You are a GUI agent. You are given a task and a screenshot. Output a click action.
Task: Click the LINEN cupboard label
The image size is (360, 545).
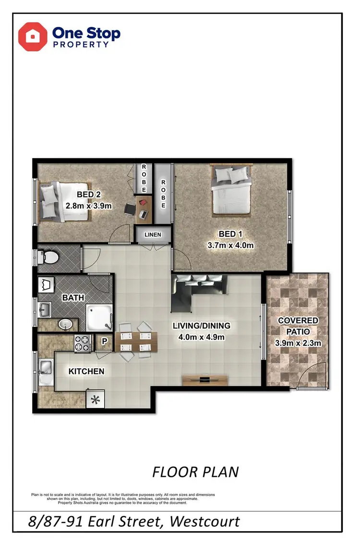153,235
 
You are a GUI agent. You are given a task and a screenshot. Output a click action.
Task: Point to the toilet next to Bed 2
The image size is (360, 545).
48,257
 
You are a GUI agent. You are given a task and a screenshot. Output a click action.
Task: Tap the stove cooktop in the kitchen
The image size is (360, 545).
83,343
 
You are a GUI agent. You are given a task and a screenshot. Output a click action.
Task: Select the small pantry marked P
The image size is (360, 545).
104,343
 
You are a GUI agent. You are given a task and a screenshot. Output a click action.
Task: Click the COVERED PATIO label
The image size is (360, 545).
298,325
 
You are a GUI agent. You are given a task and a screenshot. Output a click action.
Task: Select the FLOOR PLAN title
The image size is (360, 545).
195,472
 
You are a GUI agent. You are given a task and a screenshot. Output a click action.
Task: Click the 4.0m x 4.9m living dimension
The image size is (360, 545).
201,337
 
